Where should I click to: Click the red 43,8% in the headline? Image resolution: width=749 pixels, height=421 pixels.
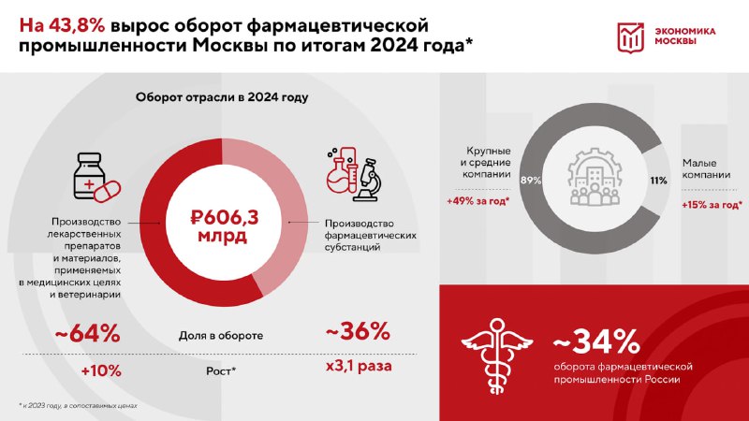(76, 26)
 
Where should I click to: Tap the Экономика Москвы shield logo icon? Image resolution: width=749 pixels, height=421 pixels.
(630, 37)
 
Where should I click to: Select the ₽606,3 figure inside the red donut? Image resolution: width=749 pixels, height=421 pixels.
(224, 218)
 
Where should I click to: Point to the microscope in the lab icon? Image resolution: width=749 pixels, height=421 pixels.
(369, 180)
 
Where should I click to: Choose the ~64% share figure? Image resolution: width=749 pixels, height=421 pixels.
(87, 334)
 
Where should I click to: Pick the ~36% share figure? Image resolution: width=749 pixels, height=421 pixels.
(358, 331)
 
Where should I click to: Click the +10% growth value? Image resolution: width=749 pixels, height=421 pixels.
(101, 370)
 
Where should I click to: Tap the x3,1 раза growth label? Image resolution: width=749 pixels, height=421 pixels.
(359, 367)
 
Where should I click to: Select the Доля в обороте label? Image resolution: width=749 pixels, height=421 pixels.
(221, 336)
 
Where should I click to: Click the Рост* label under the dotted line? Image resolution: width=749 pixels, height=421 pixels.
(221, 370)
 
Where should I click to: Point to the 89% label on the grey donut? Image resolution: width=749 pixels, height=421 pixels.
(531, 181)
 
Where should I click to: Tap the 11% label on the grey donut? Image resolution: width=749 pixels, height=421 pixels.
(658, 181)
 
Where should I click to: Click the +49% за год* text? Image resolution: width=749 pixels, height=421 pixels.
(477, 201)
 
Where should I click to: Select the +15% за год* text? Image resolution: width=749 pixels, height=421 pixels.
(712, 205)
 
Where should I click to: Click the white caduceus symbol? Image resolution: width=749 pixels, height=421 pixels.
(497, 356)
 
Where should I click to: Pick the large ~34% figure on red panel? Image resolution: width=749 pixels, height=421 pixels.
(596, 341)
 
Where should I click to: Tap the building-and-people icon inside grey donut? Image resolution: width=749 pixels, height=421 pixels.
(595, 177)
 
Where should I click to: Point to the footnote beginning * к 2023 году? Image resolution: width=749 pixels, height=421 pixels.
(79, 406)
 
